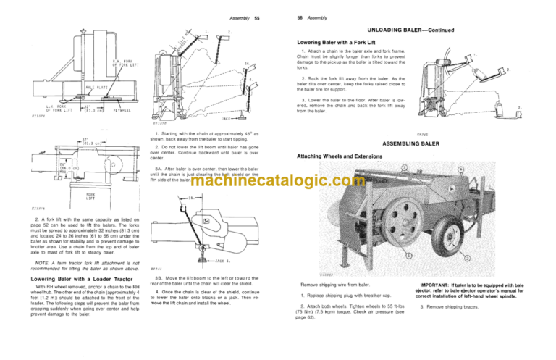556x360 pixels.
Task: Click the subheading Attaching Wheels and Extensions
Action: [340, 156]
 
